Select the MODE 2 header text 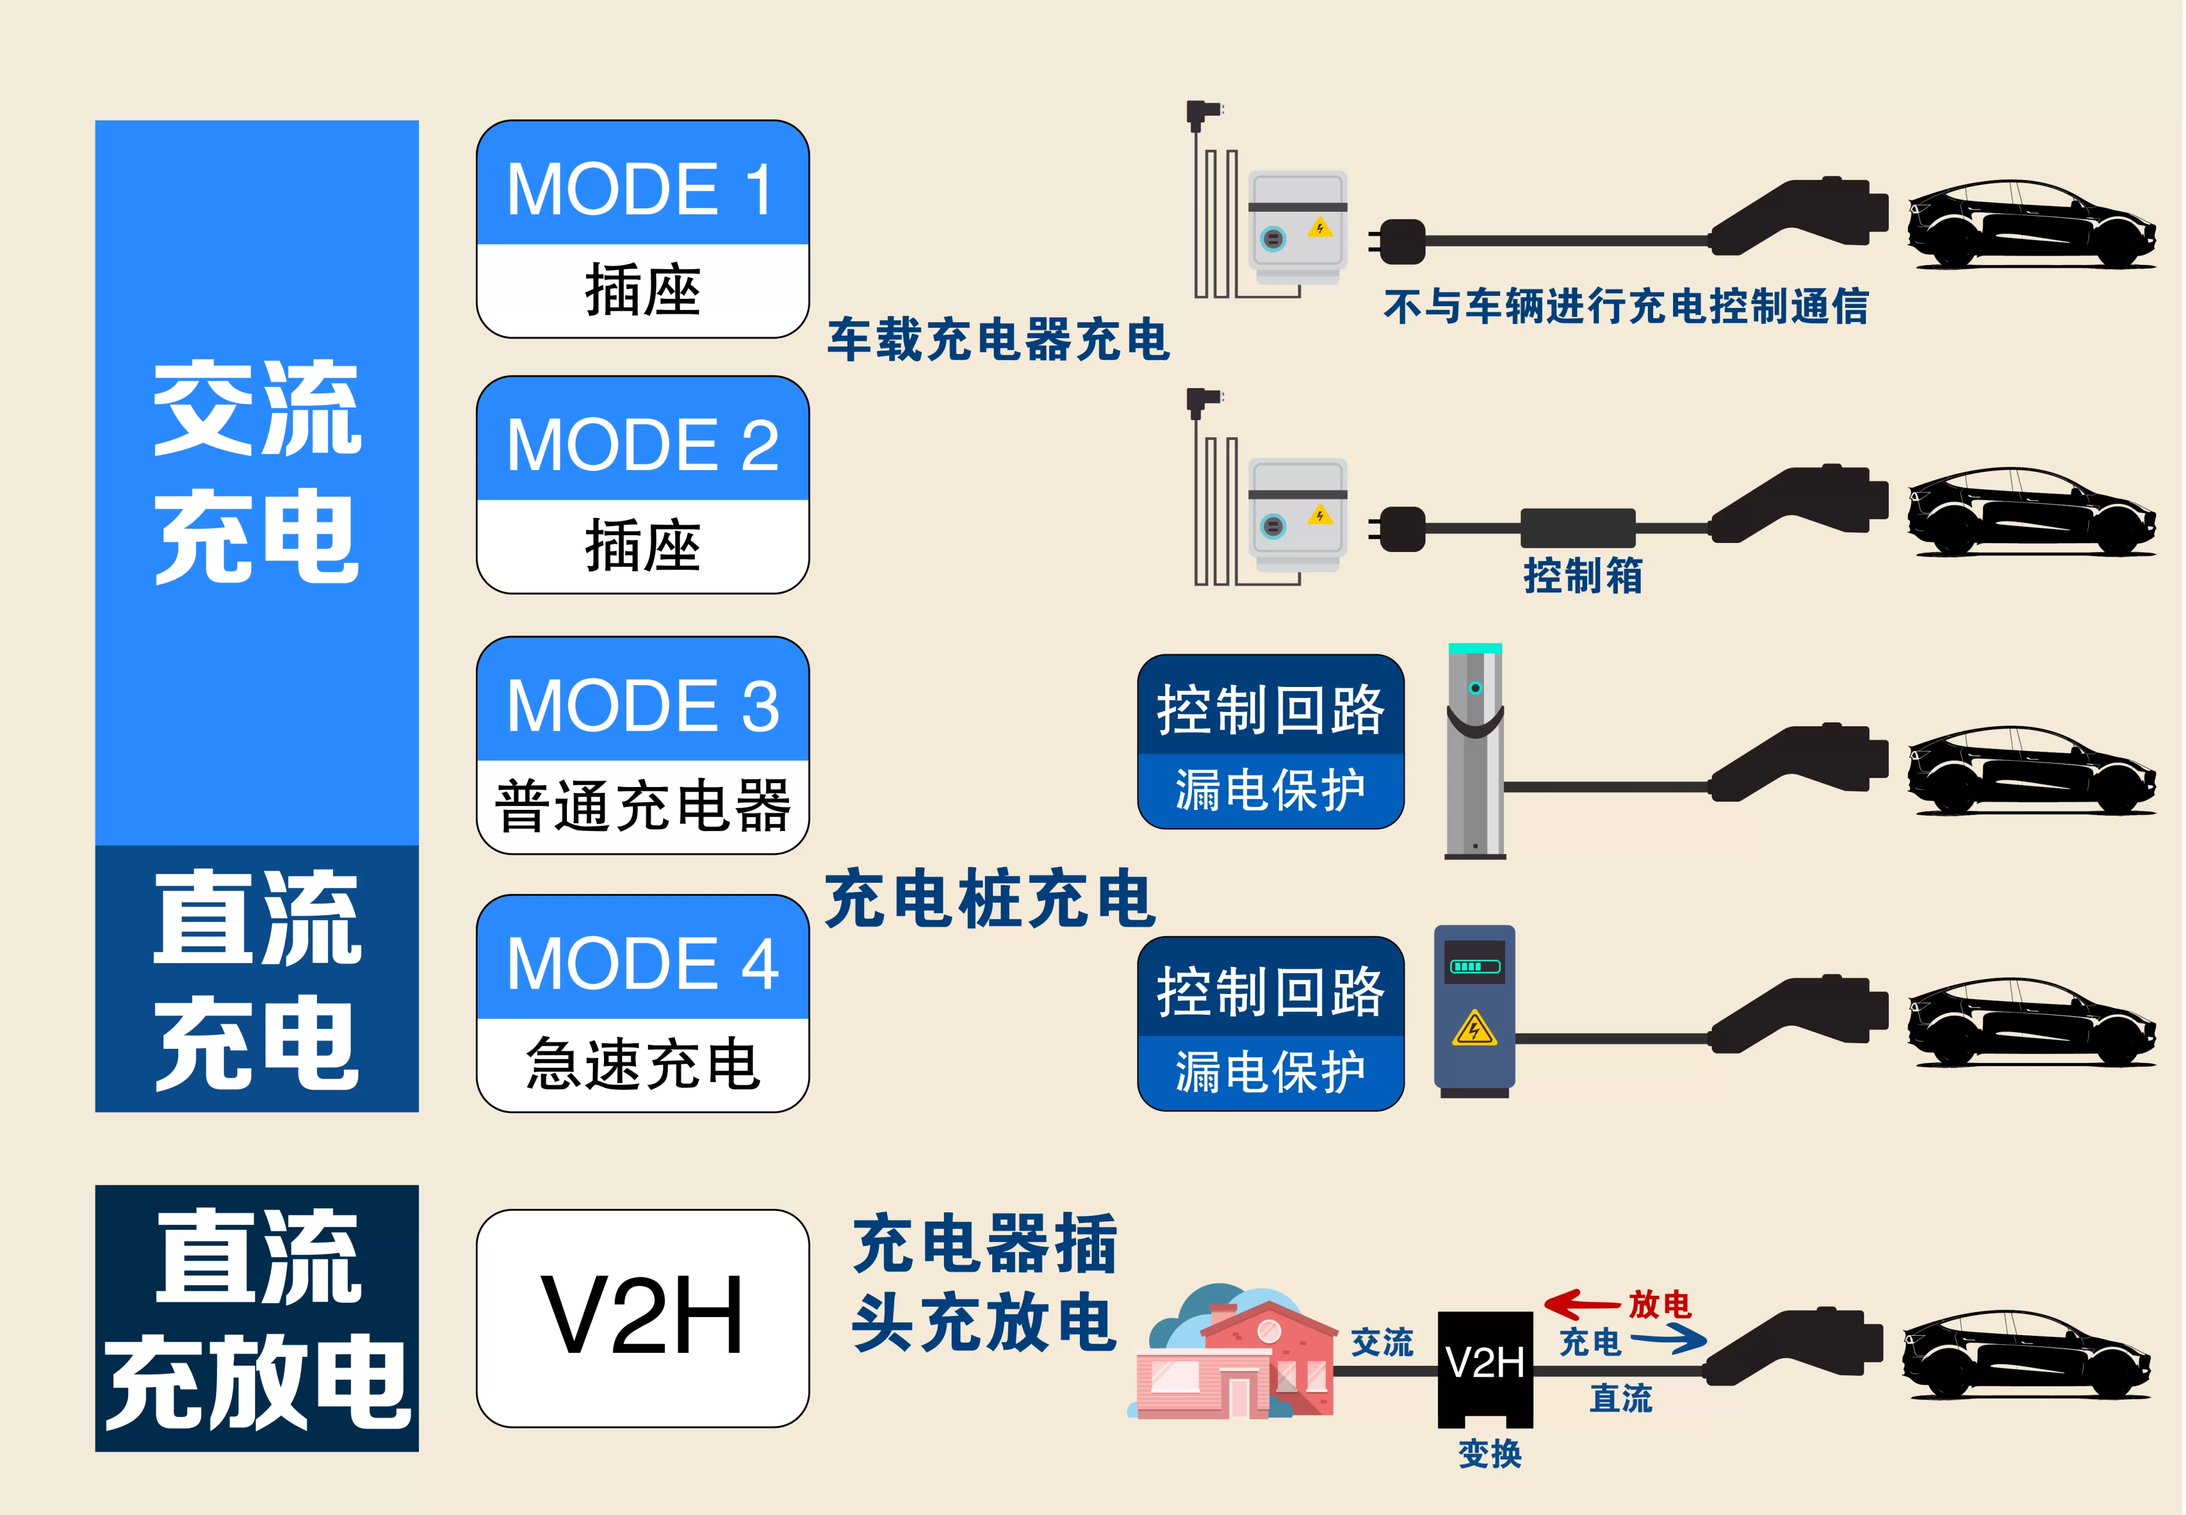point(642,444)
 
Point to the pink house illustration point(1235,1357)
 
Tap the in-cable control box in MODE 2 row point(1577,528)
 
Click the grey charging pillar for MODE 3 point(1475,750)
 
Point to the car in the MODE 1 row point(2029,225)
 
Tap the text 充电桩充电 point(989,899)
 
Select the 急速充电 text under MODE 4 point(642,1064)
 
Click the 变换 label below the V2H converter point(1489,1454)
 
